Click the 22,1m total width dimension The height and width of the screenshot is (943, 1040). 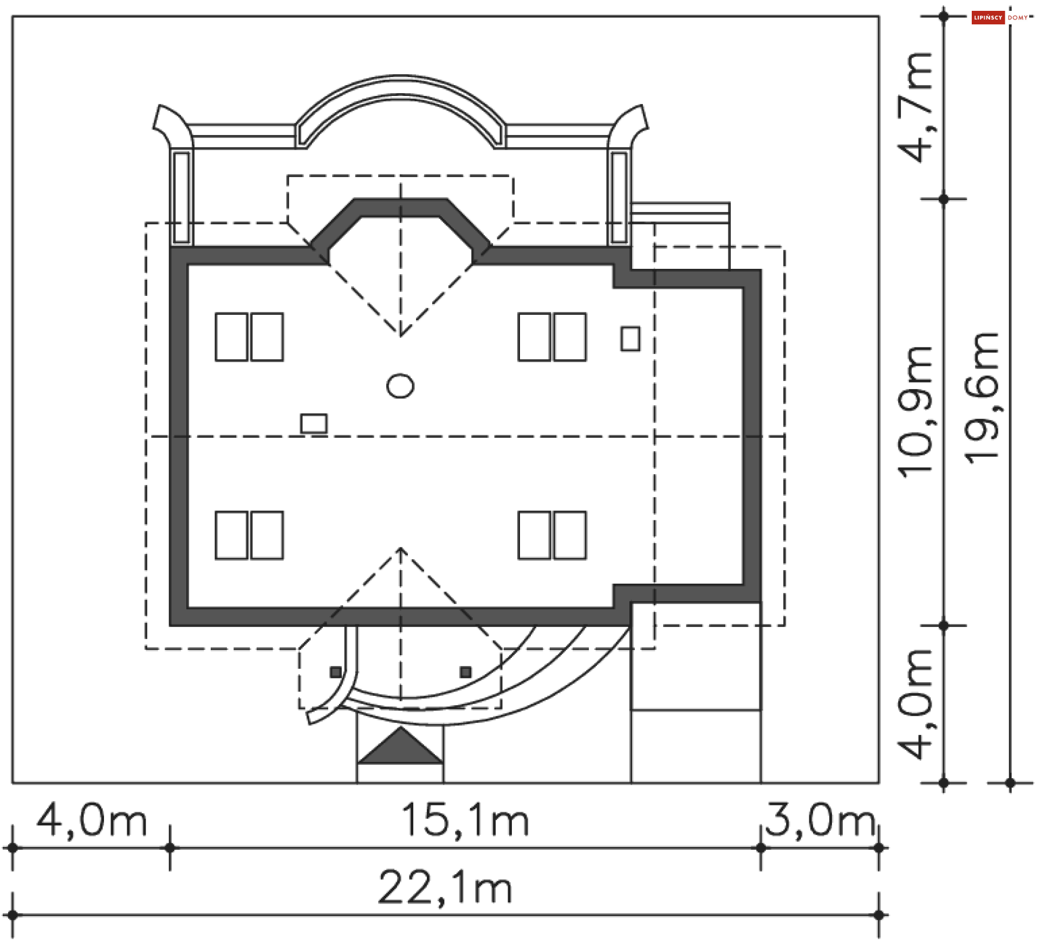(x=444, y=888)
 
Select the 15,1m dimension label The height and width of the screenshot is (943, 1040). (x=465, y=821)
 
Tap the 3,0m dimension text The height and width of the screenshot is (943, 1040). (x=820, y=821)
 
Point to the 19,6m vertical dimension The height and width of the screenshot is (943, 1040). (x=981, y=398)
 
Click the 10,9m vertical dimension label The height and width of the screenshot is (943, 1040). (x=915, y=412)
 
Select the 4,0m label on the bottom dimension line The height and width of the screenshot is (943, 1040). (x=91, y=821)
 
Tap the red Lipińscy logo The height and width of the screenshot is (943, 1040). (x=987, y=18)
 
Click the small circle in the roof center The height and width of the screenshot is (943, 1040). (x=400, y=386)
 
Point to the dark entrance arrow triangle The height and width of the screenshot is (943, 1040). (x=400, y=748)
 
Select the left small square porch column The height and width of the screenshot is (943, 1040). (x=336, y=673)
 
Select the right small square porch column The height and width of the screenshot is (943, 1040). (x=465, y=673)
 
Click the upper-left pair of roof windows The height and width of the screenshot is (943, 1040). (x=249, y=337)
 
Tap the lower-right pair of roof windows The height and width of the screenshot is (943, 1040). (x=552, y=535)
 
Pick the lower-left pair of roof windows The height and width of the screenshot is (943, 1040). (x=249, y=535)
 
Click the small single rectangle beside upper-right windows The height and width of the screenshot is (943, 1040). (x=630, y=339)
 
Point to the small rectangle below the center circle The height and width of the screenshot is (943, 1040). (x=314, y=423)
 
